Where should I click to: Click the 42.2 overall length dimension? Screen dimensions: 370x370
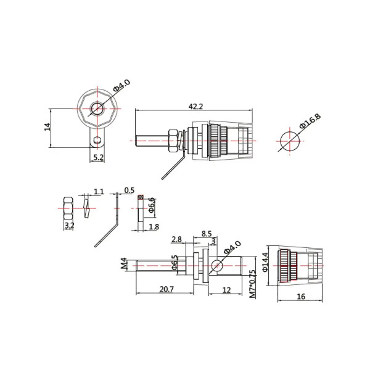[195, 107]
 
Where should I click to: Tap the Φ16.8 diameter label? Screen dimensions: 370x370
[310, 121]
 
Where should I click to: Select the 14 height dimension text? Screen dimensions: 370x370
[47, 126]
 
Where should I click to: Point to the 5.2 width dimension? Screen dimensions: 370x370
[98, 157]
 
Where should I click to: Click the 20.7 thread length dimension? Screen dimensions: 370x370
[166, 289]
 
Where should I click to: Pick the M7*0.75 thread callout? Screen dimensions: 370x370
[252, 284]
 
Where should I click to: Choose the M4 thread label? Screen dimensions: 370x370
[124, 263]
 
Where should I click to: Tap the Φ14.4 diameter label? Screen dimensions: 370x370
[265, 262]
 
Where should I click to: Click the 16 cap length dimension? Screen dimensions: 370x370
[301, 297]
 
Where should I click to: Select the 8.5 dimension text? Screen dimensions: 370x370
[207, 234]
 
